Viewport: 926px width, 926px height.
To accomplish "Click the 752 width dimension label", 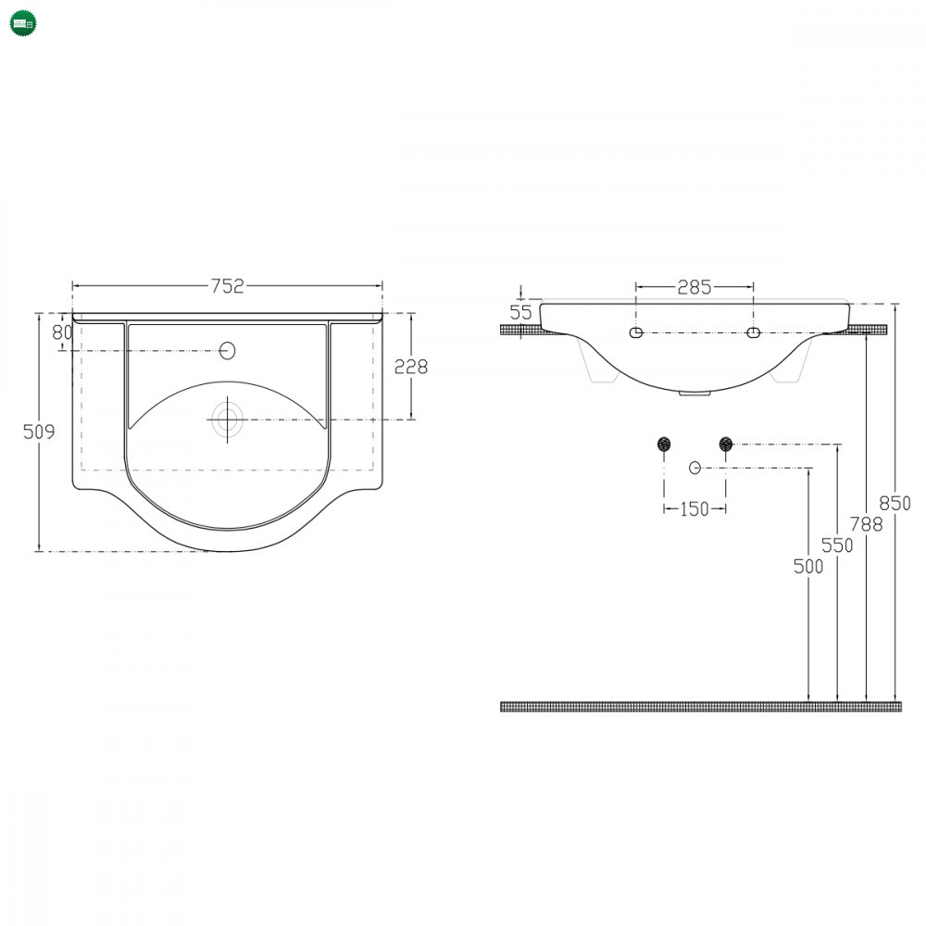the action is pyautogui.click(x=228, y=286).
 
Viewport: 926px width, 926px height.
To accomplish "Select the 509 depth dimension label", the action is pyautogui.click(x=39, y=432).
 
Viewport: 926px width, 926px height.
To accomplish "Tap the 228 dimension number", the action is pyautogui.click(x=411, y=367).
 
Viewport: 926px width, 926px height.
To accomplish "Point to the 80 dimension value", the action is pyautogui.click(x=62, y=332).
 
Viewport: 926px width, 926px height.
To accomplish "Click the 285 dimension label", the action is pyautogui.click(x=694, y=287).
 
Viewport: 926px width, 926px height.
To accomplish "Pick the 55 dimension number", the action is pyautogui.click(x=520, y=312).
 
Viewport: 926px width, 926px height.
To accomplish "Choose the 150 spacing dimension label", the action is pyautogui.click(x=694, y=508).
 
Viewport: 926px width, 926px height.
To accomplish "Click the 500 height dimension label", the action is pyautogui.click(x=807, y=567).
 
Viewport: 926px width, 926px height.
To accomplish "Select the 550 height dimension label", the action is pyautogui.click(x=837, y=545).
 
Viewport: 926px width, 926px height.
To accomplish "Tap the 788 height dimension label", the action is pyautogui.click(x=867, y=524).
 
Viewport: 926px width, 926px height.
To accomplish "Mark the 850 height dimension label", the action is pyautogui.click(x=895, y=503).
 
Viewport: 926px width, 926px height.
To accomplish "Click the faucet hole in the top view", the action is pyautogui.click(x=228, y=351).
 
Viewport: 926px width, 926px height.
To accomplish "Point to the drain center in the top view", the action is pyautogui.click(x=228, y=419).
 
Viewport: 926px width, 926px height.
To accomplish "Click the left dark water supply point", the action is pyautogui.click(x=664, y=444).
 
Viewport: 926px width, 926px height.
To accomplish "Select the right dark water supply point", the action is pyautogui.click(x=726, y=444).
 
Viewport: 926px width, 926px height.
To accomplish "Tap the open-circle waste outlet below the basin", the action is pyautogui.click(x=695, y=468).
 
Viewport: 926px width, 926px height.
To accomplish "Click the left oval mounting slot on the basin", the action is pyautogui.click(x=636, y=332).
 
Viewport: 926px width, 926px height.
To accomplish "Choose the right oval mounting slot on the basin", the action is pyautogui.click(x=753, y=332).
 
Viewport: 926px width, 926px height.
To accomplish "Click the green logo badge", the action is pyautogui.click(x=24, y=24).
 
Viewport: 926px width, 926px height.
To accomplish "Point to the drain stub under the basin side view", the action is pyautogui.click(x=694, y=394).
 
